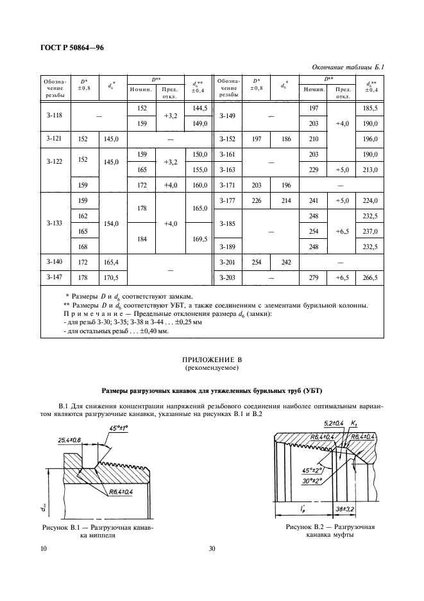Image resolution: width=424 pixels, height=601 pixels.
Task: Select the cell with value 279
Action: [314, 277]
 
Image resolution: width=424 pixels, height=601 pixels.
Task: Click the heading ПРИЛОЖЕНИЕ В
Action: [212, 362]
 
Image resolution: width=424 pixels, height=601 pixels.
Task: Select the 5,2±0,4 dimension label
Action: [316, 422]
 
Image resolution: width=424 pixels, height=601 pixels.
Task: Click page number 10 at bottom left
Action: [43, 548]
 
